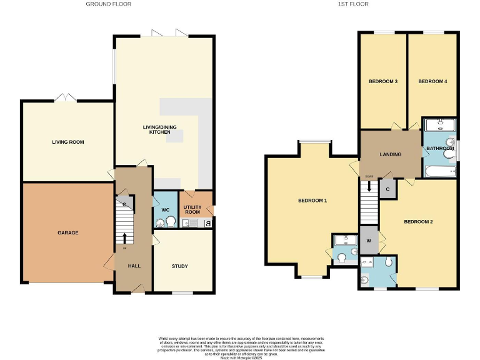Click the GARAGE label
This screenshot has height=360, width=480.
point(68,233)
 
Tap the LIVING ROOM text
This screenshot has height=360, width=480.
point(67,142)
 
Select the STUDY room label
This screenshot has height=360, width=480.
point(179,266)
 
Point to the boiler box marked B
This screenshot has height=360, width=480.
point(208,222)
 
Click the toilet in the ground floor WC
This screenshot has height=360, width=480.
point(169,220)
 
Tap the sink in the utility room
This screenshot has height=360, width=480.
point(186,222)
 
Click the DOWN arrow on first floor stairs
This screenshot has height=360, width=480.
point(369,186)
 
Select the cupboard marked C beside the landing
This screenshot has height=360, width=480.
point(388,189)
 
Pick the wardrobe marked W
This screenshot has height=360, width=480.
point(369,241)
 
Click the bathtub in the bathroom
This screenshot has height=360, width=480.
point(441,171)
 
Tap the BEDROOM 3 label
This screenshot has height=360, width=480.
point(383,81)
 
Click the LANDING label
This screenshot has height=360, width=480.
point(390,154)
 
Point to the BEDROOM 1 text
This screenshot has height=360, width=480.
point(312,201)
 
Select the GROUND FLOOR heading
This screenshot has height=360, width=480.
point(108,4)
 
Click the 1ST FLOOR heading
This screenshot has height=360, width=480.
point(354,4)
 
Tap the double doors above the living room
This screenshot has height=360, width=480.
point(65,99)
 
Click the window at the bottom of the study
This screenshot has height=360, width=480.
point(182,292)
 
